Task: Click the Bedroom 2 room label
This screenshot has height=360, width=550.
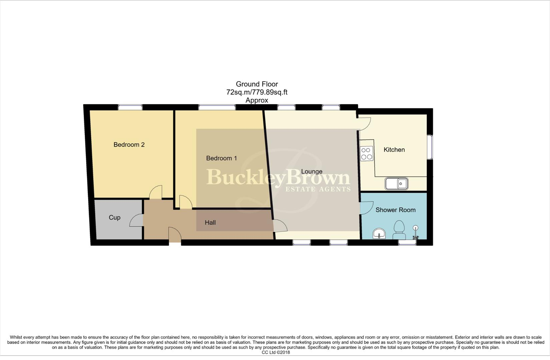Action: (x=129, y=145)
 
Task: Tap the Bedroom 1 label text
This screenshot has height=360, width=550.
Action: (x=221, y=158)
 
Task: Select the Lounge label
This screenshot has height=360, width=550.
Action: (x=312, y=172)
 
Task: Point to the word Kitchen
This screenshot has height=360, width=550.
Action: (x=394, y=150)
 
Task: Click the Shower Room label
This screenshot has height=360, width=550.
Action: (x=395, y=210)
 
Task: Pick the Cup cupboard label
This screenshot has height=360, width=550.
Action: (x=114, y=218)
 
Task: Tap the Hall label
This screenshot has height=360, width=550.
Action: (x=210, y=223)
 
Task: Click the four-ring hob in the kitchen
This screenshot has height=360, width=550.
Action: (x=367, y=154)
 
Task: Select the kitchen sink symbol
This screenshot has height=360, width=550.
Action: (x=396, y=184)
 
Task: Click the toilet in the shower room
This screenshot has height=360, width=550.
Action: (x=399, y=230)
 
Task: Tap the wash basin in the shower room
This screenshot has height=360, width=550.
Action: (x=379, y=234)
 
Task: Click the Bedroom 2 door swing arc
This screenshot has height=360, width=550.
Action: (x=156, y=192)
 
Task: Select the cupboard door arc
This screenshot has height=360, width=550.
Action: (x=136, y=220)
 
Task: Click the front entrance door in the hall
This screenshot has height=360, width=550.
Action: (x=174, y=235)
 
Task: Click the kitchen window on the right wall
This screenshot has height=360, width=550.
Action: (x=431, y=147)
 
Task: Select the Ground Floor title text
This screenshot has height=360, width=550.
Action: (x=256, y=84)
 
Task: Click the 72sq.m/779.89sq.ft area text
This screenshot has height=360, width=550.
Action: (x=256, y=92)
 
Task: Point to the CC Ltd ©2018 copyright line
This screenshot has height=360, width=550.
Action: (x=276, y=352)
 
